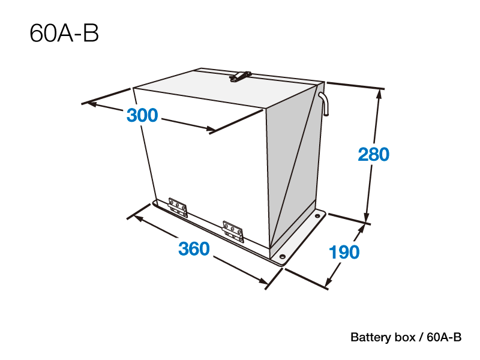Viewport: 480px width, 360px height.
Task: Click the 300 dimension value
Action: tap(142, 115)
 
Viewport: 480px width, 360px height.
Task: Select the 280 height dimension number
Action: tap(373, 154)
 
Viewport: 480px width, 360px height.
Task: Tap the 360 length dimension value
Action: tap(194, 248)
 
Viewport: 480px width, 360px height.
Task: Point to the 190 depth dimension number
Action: tap(344, 252)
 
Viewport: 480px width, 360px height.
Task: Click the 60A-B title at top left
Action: tap(64, 33)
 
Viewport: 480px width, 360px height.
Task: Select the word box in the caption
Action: tap(405, 337)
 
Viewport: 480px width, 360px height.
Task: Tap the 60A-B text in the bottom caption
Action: tap(444, 337)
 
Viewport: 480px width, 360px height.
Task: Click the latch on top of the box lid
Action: tap(241, 76)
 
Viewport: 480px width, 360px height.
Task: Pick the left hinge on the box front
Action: tap(178, 207)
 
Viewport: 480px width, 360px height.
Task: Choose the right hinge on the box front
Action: tap(233, 232)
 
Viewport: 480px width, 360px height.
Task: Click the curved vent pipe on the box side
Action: tap(324, 103)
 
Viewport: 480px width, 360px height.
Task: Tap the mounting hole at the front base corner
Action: tap(283, 256)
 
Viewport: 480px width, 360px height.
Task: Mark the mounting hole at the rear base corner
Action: tap(317, 216)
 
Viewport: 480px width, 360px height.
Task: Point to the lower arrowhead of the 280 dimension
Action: tap(367, 217)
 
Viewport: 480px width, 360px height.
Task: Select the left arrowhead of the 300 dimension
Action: tap(92, 104)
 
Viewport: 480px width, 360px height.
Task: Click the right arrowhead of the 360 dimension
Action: tap(263, 280)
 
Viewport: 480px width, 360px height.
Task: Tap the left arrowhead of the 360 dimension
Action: tap(139, 218)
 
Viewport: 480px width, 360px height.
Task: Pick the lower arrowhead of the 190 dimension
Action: tap(329, 281)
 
